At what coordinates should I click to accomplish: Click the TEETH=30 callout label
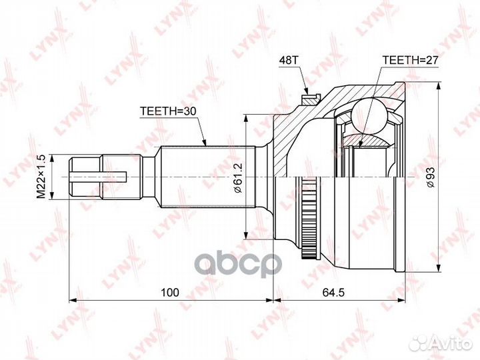coord(168,111)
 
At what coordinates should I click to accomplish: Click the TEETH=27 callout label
coord(411,60)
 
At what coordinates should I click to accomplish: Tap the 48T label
coord(288,60)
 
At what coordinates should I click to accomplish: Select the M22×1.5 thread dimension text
coord(41,177)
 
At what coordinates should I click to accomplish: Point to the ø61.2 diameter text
coord(238,177)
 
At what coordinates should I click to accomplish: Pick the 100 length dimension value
coord(169,293)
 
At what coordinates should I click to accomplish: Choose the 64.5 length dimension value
coord(333,293)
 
